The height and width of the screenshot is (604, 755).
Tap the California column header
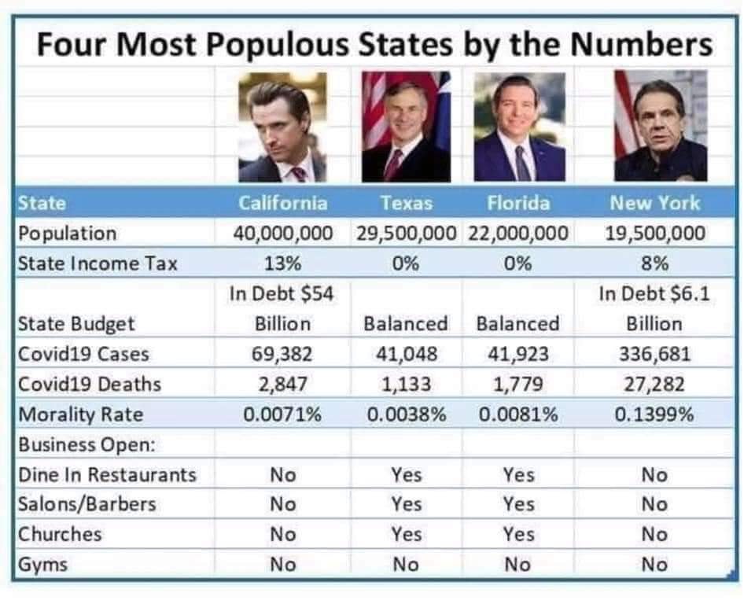(x=282, y=203)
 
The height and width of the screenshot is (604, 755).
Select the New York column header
(x=654, y=203)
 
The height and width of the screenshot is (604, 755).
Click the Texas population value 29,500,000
(x=406, y=234)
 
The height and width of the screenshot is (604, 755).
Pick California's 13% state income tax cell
(x=282, y=263)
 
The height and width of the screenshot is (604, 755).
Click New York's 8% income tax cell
(x=654, y=263)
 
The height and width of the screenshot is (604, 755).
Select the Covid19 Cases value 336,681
(x=654, y=354)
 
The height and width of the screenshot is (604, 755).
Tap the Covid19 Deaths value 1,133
(x=406, y=385)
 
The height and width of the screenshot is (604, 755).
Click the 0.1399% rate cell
(x=654, y=414)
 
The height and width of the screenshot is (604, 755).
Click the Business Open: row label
(x=87, y=444)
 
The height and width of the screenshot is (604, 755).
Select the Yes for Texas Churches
(x=406, y=535)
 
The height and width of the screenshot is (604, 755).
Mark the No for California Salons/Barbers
(x=282, y=505)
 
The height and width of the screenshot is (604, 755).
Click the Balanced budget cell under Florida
(x=518, y=323)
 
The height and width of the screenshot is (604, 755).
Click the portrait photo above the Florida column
(x=518, y=127)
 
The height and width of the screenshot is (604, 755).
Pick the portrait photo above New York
(x=660, y=127)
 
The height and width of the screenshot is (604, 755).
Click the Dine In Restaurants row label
(x=107, y=475)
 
